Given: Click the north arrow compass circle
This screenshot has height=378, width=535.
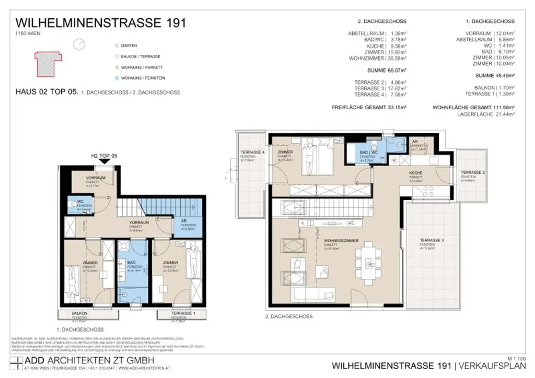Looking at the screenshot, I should [x=79, y=45].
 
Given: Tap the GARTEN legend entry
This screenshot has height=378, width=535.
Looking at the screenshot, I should [x=129, y=46].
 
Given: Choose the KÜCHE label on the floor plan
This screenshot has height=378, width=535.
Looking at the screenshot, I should [x=416, y=173].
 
